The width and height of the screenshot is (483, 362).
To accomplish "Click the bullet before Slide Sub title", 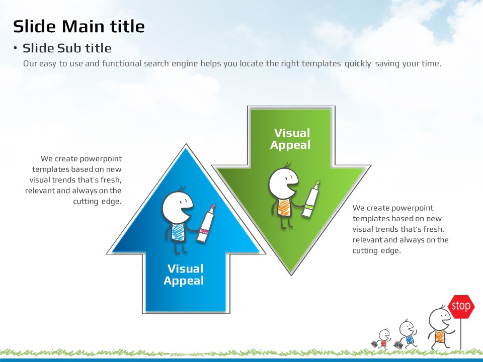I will (x=16, y=48).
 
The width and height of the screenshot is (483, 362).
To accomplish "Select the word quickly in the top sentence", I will (x=358, y=64).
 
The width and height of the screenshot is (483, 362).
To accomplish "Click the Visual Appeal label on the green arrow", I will (x=291, y=139).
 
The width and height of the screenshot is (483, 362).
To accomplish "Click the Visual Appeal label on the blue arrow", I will (x=184, y=275).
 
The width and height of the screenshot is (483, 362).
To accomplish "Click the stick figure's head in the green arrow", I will (x=283, y=183).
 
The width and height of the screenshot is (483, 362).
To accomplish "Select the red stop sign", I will (x=461, y=306).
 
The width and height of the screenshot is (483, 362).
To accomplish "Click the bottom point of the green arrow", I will (x=291, y=274).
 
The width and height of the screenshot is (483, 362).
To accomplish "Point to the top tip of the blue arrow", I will (x=187, y=146).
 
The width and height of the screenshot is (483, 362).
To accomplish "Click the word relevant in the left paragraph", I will (x=40, y=191).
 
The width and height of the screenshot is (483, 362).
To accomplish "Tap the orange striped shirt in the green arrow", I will (x=283, y=207).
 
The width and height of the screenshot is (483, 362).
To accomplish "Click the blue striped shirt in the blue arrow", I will (x=177, y=230).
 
